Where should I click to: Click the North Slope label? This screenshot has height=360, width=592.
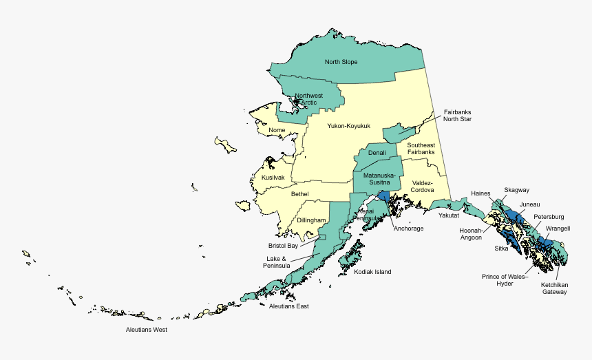tap(341, 62)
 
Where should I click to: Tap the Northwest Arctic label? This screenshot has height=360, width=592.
tap(308, 99)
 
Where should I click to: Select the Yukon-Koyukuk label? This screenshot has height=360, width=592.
tap(348, 126)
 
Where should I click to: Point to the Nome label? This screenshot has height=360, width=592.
tap(277, 130)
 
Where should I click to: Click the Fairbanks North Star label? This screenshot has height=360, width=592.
tap(457, 116)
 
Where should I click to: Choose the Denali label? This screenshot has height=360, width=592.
tap(377, 152)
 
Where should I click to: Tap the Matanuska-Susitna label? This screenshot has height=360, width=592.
tap(379, 179)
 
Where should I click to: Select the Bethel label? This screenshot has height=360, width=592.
tap(299, 194)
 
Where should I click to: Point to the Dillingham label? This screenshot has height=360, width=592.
tap(311, 220)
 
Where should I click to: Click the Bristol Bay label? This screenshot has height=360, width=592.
tap(283, 246)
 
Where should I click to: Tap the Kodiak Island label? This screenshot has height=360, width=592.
tap(372, 272)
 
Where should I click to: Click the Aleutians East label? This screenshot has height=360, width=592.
tap(289, 306)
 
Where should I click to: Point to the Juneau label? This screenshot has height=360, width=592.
tap(530, 204)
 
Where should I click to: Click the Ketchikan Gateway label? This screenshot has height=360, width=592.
tap(554, 288)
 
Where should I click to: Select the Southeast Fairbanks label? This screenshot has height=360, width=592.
tap(421, 148)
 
